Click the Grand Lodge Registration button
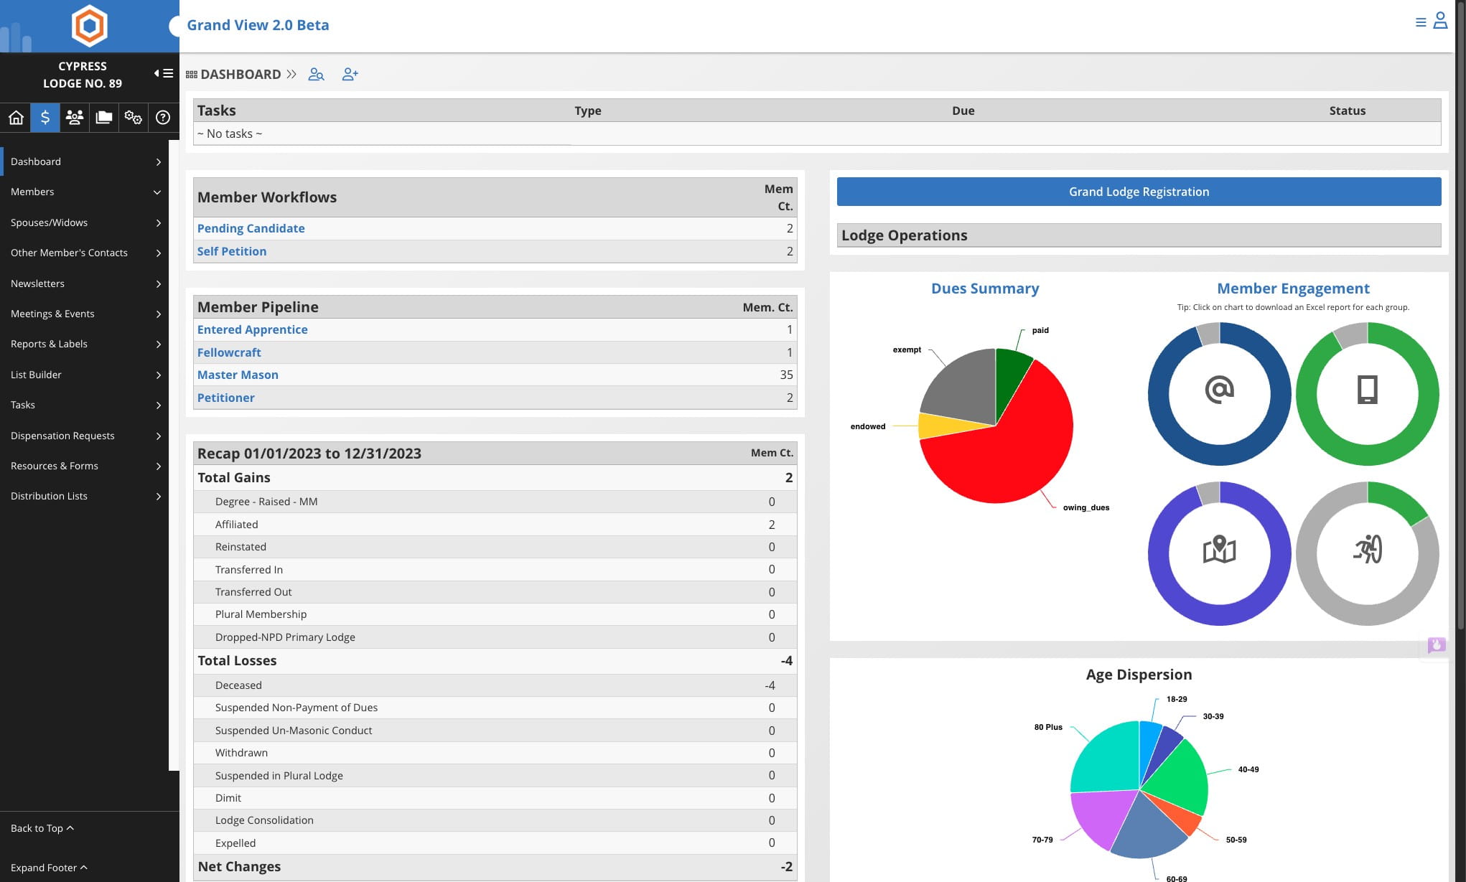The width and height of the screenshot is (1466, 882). point(1139,192)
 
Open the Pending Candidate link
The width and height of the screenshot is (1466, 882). point(251,228)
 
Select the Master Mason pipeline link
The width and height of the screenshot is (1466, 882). point(238,375)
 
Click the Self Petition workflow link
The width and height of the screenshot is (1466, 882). point(232,251)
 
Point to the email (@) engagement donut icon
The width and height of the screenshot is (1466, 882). point(1219,390)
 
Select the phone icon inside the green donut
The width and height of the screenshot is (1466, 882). point(1367,390)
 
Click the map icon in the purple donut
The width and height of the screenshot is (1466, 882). point(1219,550)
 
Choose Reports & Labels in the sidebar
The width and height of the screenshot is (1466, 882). point(49,344)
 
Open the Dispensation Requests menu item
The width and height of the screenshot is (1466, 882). point(62,436)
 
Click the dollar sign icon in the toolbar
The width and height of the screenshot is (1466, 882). point(45,117)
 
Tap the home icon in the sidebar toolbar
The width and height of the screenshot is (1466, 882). point(16,117)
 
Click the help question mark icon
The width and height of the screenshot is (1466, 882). point(163,117)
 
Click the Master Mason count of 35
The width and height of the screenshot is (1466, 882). point(786,375)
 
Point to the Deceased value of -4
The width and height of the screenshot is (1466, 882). point(770,685)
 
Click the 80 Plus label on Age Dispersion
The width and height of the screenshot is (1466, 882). point(1048,727)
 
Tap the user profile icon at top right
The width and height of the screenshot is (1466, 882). point(1440,20)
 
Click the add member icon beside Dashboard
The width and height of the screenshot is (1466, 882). point(350,74)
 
